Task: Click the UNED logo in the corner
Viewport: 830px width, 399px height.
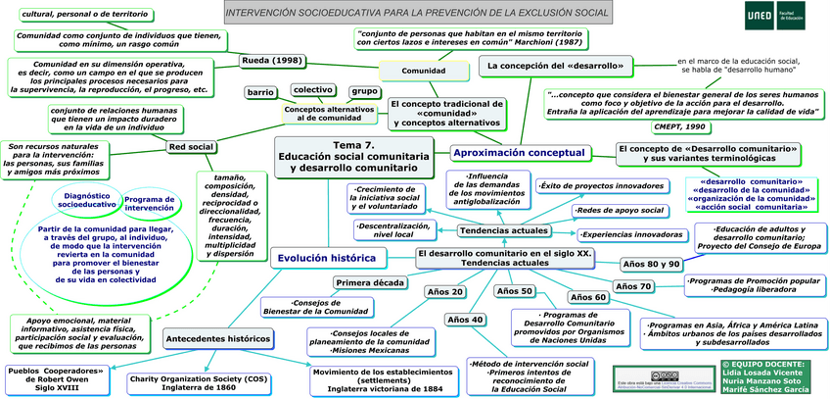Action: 767,14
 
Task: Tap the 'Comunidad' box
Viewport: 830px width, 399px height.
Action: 424,72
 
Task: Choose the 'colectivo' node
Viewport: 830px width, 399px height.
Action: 311,89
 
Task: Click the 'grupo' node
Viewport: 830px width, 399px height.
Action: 364,91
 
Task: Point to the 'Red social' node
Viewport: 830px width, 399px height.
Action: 191,147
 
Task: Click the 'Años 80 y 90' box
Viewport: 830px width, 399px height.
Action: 651,264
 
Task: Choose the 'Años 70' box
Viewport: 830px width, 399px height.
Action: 632,285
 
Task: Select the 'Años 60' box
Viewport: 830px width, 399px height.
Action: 587,297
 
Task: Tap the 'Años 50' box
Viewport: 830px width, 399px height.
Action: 514,291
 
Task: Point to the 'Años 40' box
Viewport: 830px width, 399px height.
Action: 465,320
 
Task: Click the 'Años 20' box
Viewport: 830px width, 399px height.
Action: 444,291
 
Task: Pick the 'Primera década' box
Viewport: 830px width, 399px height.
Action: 369,283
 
